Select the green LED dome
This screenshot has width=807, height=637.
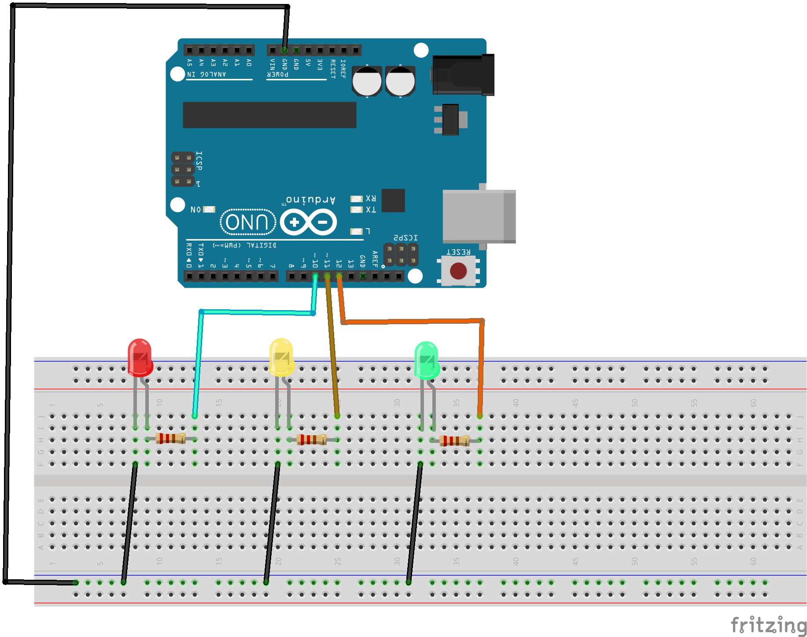[426, 360]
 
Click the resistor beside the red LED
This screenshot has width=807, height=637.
[170, 438]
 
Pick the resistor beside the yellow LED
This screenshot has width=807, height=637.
[311, 439]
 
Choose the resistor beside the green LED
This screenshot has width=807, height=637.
[454, 441]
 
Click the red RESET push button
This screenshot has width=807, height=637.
[458, 271]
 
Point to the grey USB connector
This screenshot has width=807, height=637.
[479, 216]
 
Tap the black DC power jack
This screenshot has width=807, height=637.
[463, 75]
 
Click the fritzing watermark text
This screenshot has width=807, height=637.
[768, 625]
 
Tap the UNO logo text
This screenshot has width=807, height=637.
[247, 222]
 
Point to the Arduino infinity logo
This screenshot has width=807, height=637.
[309, 222]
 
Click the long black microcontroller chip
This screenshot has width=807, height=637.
[269, 115]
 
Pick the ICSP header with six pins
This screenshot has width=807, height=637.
[183, 169]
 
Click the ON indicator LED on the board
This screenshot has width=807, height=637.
[209, 209]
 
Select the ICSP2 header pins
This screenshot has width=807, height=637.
[401, 255]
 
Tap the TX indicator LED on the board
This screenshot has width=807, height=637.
[356, 210]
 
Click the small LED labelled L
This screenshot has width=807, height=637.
[356, 231]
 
